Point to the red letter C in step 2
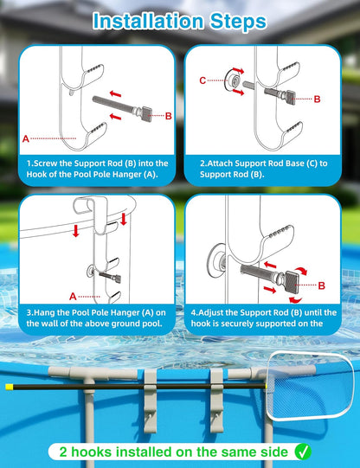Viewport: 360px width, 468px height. coord(202,81)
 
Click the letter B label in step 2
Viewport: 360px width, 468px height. coord(317,99)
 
